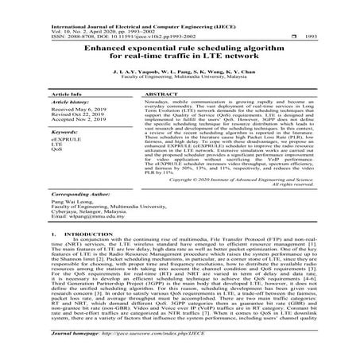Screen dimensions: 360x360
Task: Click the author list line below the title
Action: pos(180,72)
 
